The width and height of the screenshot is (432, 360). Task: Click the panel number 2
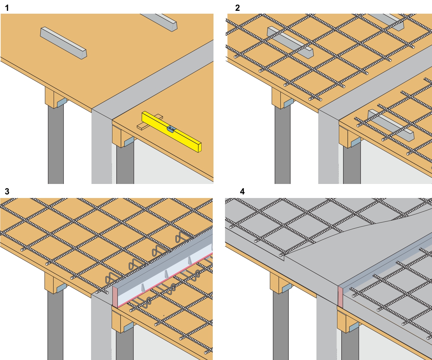click(238, 8)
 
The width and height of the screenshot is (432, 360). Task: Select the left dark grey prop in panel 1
click(56, 144)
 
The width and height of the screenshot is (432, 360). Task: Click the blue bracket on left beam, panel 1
click(62, 103)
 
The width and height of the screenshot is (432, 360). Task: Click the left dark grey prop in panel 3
click(55, 324)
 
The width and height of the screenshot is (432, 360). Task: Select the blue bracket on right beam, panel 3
click(128, 327)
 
